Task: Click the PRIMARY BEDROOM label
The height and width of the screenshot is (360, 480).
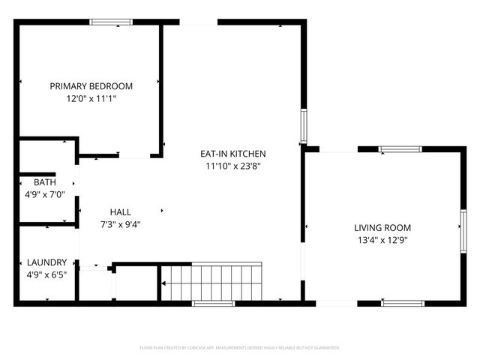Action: [x=91, y=86]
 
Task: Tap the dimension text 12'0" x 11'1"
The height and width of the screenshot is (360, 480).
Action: [x=91, y=98]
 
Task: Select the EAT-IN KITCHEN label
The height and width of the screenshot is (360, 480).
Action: [x=232, y=154]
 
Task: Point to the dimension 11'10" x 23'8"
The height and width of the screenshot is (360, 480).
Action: [x=232, y=166]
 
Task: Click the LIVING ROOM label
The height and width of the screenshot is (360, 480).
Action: [x=382, y=228]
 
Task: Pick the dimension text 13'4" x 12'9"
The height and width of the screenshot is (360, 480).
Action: [x=382, y=240]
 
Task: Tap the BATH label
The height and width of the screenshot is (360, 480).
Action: [x=45, y=182]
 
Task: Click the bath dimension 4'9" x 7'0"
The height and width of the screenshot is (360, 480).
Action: [x=45, y=194]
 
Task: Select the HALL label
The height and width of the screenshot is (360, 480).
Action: [x=120, y=211]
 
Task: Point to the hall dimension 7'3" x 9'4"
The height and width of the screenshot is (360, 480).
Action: [x=120, y=223]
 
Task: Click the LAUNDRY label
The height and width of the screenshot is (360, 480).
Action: [x=46, y=262]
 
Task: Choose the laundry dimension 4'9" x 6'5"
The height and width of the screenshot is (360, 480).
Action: [x=46, y=274]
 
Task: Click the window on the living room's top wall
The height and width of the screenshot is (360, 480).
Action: [x=402, y=149]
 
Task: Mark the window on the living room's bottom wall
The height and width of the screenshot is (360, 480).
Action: [x=402, y=303]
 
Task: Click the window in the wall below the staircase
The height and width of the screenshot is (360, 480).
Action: [x=214, y=303]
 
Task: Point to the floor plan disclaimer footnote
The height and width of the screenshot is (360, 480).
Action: [x=240, y=348]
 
